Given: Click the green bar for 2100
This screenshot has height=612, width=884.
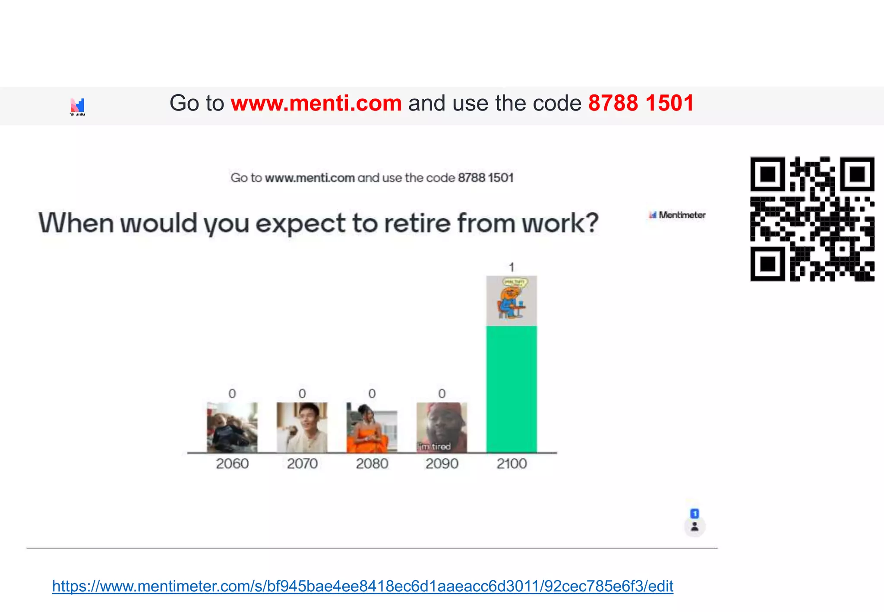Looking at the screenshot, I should click(x=511, y=389).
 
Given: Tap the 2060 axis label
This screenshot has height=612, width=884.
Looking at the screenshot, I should click(x=232, y=464).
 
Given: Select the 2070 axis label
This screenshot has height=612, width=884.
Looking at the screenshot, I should click(x=302, y=464).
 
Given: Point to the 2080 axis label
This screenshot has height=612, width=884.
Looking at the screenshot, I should click(x=372, y=464).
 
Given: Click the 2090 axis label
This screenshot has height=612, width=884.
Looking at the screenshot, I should click(x=442, y=464).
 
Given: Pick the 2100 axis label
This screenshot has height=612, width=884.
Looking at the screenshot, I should click(x=511, y=464).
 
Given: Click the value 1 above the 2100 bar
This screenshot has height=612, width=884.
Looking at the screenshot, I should click(x=511, y=267).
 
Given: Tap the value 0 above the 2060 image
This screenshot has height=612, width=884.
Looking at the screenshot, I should click(x=232, y=394).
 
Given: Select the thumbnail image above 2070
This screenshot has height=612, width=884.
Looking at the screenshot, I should click(x=302, y=427).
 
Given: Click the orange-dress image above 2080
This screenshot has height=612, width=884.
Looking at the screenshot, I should click(x=372, y=427).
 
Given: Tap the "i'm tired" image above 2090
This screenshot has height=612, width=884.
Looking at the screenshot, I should click(x=442, y=427).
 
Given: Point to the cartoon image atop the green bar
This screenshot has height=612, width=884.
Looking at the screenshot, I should click(x=511, y=301).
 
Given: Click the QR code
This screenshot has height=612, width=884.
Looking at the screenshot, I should click(x=812, y=219).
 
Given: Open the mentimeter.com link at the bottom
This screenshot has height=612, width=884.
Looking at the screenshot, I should click(x=363, y=586).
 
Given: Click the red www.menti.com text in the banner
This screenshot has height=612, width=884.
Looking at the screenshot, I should click(x=316, y=104).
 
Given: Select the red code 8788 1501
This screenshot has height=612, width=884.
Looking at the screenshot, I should click(x=641, y=104).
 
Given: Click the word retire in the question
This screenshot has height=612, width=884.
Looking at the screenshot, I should click(x=417, y=223).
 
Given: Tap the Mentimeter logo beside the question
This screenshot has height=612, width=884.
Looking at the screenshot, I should click(x=677, y=215).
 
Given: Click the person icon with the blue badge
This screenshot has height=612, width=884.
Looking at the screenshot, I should click(x=695, y=526).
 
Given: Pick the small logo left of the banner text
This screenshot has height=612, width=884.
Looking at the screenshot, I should click(x=78, y=106).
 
